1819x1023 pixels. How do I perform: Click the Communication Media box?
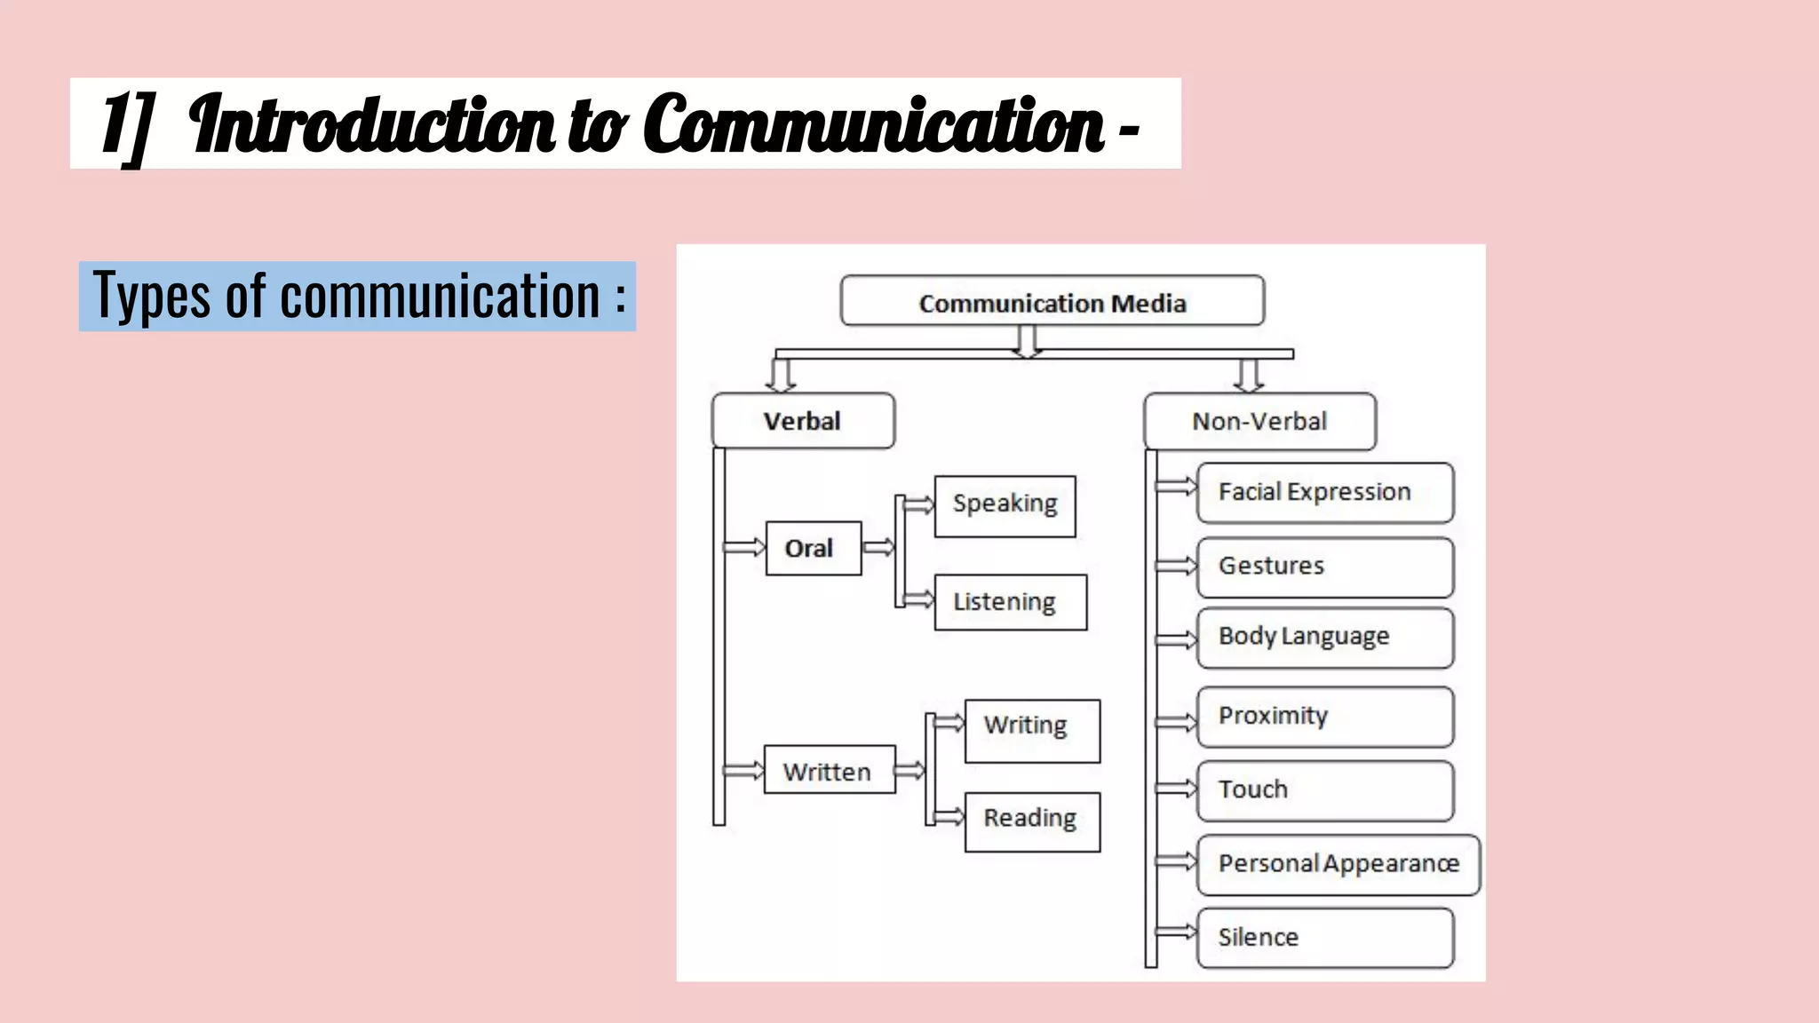1052,301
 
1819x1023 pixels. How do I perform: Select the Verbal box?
803,421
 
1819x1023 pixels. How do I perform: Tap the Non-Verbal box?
1259,422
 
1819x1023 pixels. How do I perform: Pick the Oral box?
813,548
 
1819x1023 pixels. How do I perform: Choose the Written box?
829,770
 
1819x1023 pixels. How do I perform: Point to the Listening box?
1010,602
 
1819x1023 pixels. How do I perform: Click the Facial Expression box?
1324,493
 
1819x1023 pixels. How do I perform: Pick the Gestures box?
1324,567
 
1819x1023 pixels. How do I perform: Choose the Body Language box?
1324,638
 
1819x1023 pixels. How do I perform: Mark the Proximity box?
1324,717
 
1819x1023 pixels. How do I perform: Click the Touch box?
1324,790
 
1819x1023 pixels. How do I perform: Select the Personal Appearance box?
1338,864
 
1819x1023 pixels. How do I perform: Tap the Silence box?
1324,938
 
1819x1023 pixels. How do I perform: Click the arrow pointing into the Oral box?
744,547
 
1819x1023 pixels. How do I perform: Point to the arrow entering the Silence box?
1177,932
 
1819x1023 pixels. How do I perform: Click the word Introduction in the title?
373,125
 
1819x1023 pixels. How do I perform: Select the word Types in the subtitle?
152,297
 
